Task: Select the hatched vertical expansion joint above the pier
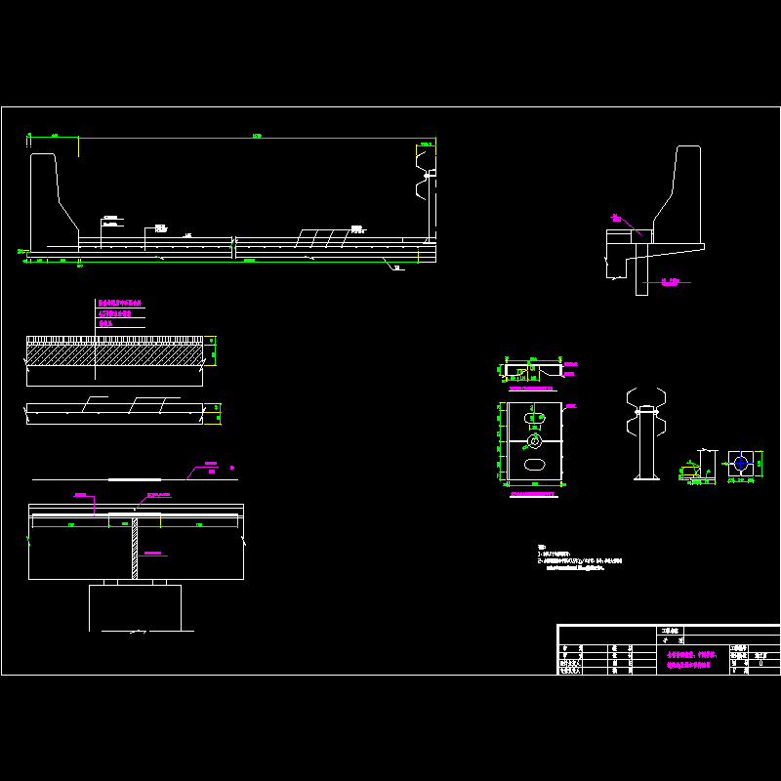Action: [x=135, y=549]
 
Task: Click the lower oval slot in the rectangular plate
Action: [x=535, y=465]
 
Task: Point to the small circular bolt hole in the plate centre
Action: [x=534, y=441]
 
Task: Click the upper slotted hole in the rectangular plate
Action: [x=535, y=419]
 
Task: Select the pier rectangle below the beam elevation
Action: [x=135, y=607]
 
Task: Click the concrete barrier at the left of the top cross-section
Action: [x=49, y=200]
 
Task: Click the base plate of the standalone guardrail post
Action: [x=645, y=477]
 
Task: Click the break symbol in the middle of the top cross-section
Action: [x=233, y=248]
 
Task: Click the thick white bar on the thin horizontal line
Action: [x=135, y=479]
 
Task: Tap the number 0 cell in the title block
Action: [x=760, y=663]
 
